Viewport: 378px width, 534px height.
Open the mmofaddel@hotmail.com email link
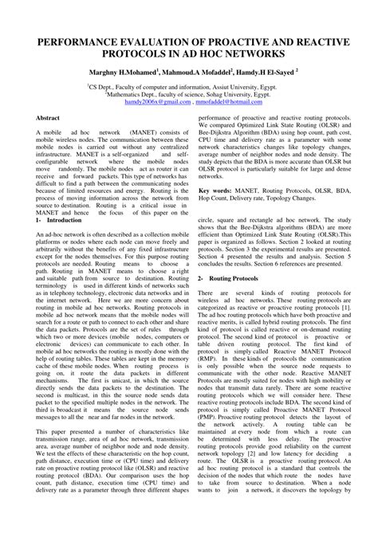pos(229,103)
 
